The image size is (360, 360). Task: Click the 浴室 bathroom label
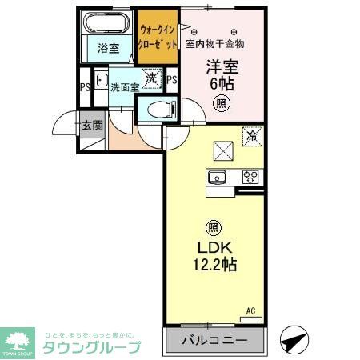(109, 49)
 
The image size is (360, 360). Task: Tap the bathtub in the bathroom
(109, 24)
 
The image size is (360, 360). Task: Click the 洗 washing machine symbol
(150, 79)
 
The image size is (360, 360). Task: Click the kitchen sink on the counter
(216, 178)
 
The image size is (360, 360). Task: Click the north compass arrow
(294, 342)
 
